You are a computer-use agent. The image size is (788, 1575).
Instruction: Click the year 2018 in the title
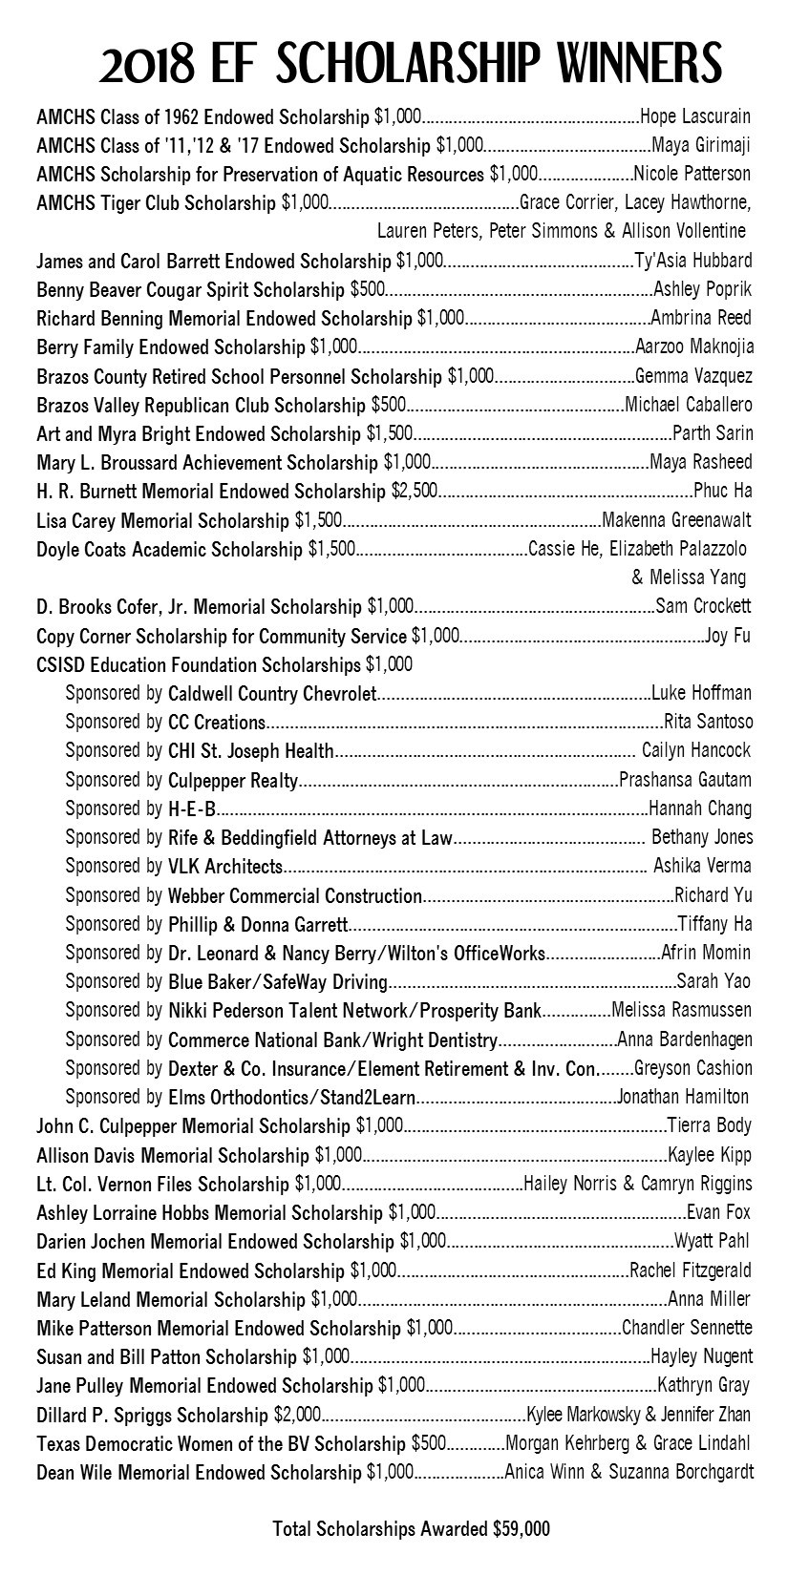click(x=150, y=64)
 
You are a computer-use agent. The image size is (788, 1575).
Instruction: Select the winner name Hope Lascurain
click(x=694, y=117)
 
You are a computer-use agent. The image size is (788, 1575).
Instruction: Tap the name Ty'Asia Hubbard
click(x=692, y=261)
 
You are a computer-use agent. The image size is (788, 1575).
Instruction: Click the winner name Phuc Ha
click(x=722, y=492)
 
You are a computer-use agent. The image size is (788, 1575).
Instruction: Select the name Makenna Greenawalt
click(x=676, y=520)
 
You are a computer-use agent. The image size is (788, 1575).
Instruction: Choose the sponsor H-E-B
click(x=191, y=809)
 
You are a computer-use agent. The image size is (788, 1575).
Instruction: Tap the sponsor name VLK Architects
click(x=225, y=867)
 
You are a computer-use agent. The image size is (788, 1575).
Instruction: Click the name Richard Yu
click(x=713, y=895)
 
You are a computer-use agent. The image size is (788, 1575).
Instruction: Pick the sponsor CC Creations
click(x=216, y=723)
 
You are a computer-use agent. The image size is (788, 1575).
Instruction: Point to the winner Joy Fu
click(x=728, y=636)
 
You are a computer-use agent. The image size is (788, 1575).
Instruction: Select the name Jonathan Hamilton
click(x=684, y=1097)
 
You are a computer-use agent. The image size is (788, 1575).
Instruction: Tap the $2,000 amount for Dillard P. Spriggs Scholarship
click(x=297, y=1415)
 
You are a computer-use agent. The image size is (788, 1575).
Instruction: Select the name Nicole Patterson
click(x=692, y=175)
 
